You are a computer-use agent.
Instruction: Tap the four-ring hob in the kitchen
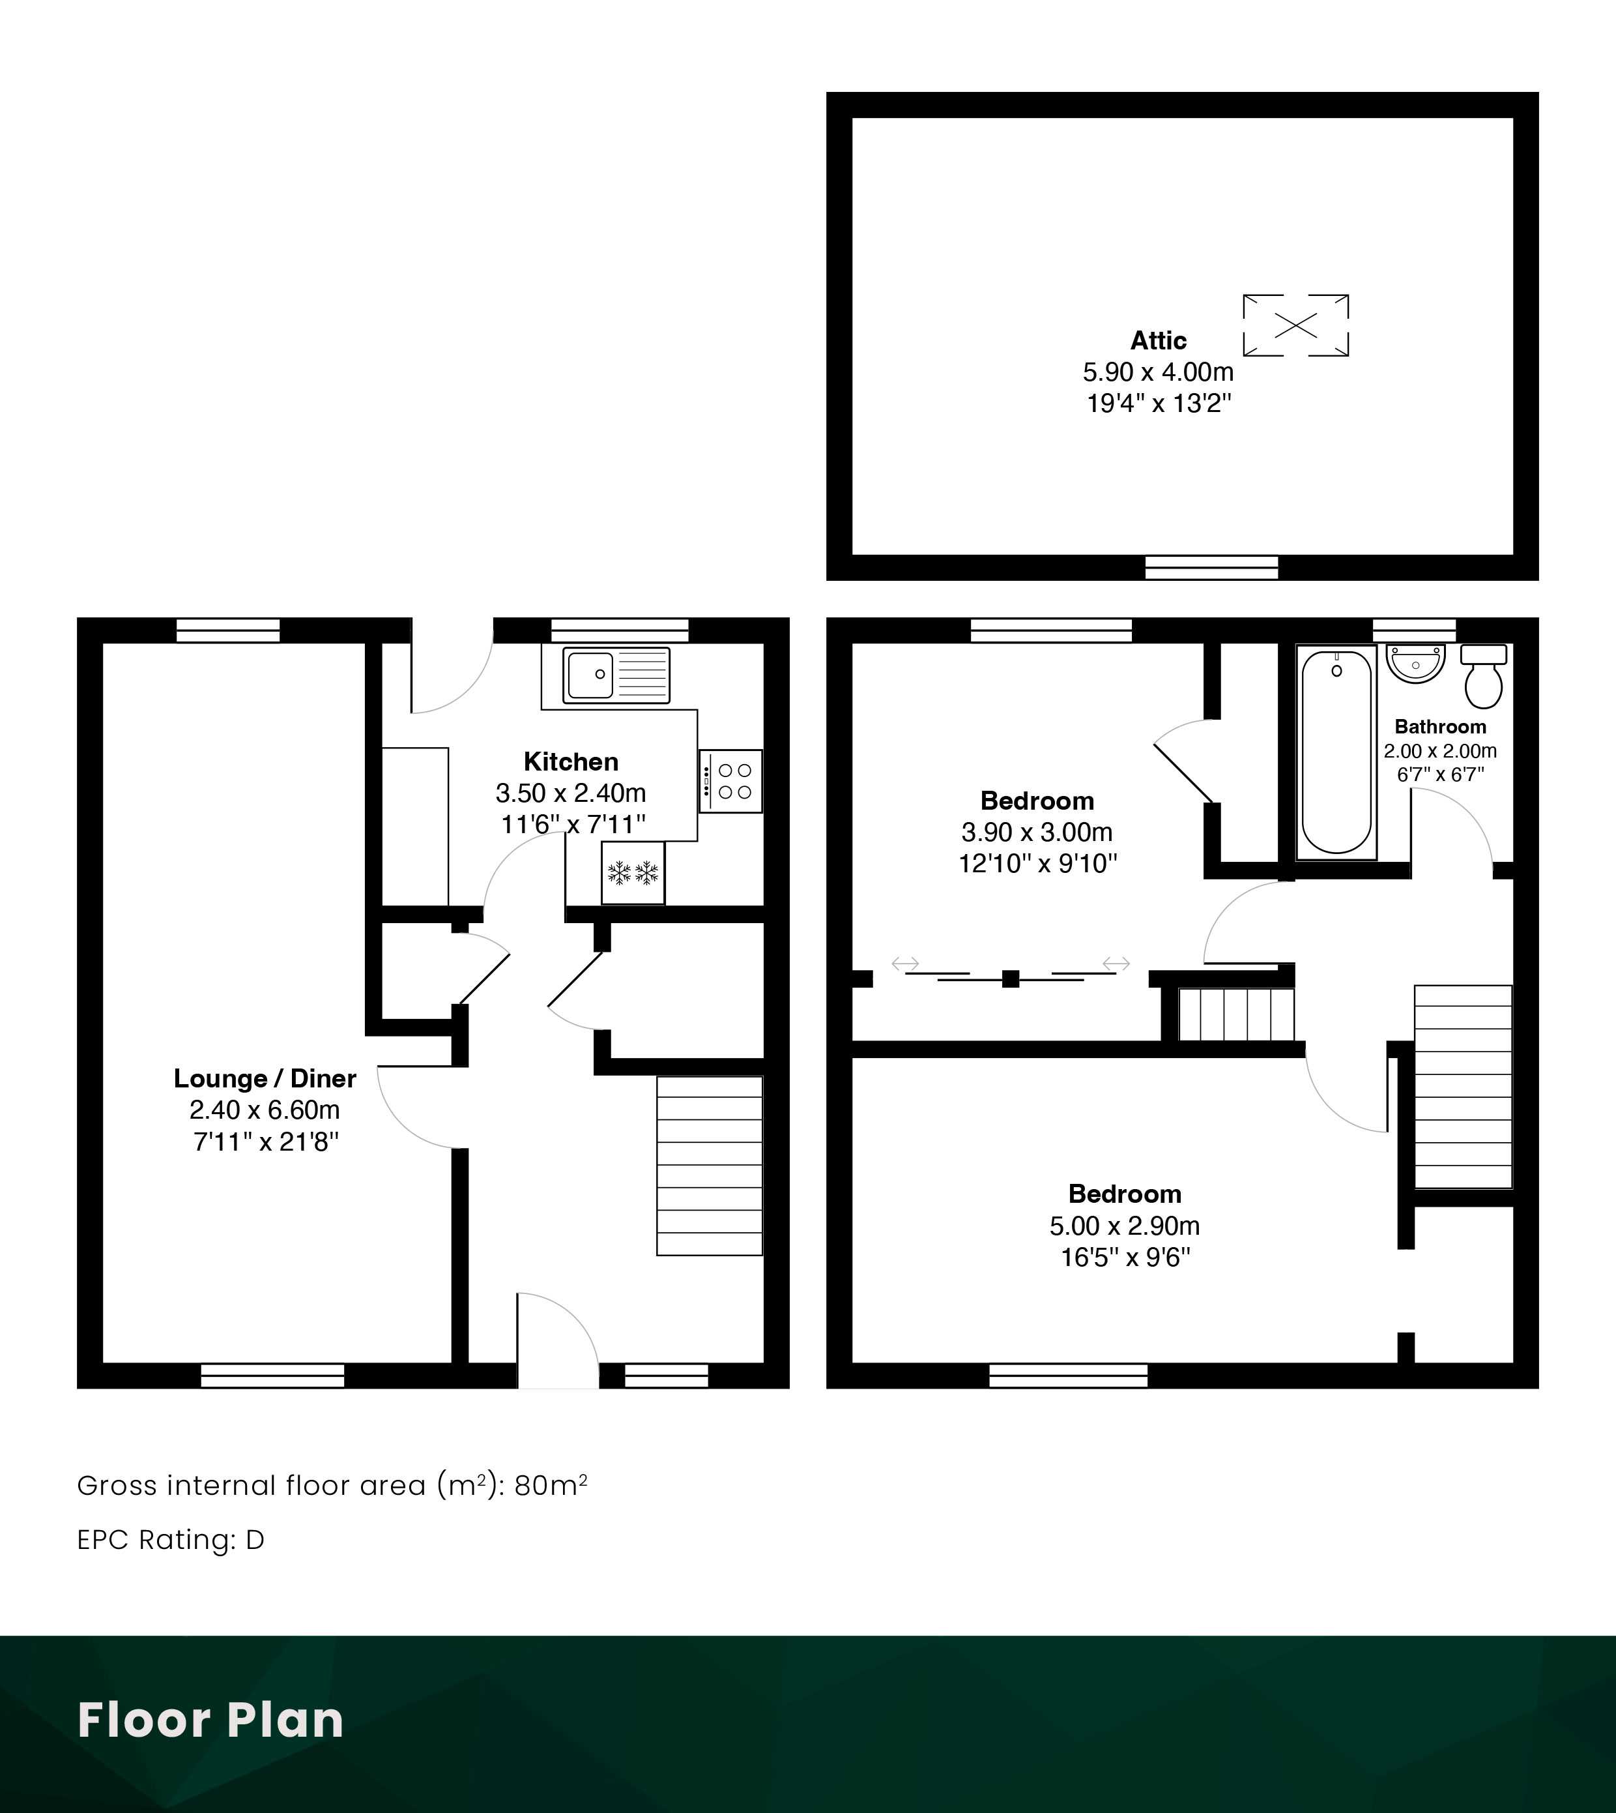click(730, 781)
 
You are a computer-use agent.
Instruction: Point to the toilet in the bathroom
click(1483, 675)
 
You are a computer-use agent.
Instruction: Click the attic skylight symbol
click(1295, 325)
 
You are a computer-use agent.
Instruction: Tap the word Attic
click(1158, 340)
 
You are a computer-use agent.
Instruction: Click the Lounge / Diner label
click(265, 1078)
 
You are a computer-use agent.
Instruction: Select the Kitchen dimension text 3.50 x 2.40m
click(571, 792)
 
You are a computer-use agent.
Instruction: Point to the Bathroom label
click(1440, 727)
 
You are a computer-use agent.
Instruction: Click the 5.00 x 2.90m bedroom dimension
click(1124, 1226)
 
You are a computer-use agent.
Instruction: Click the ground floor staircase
click(710, 1166)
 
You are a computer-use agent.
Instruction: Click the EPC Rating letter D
click(255, 1540)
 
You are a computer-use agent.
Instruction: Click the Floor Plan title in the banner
click(210, 1720)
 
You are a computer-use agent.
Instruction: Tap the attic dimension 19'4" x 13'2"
click(1159, 404)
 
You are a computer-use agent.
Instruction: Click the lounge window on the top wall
click(228, 630)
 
